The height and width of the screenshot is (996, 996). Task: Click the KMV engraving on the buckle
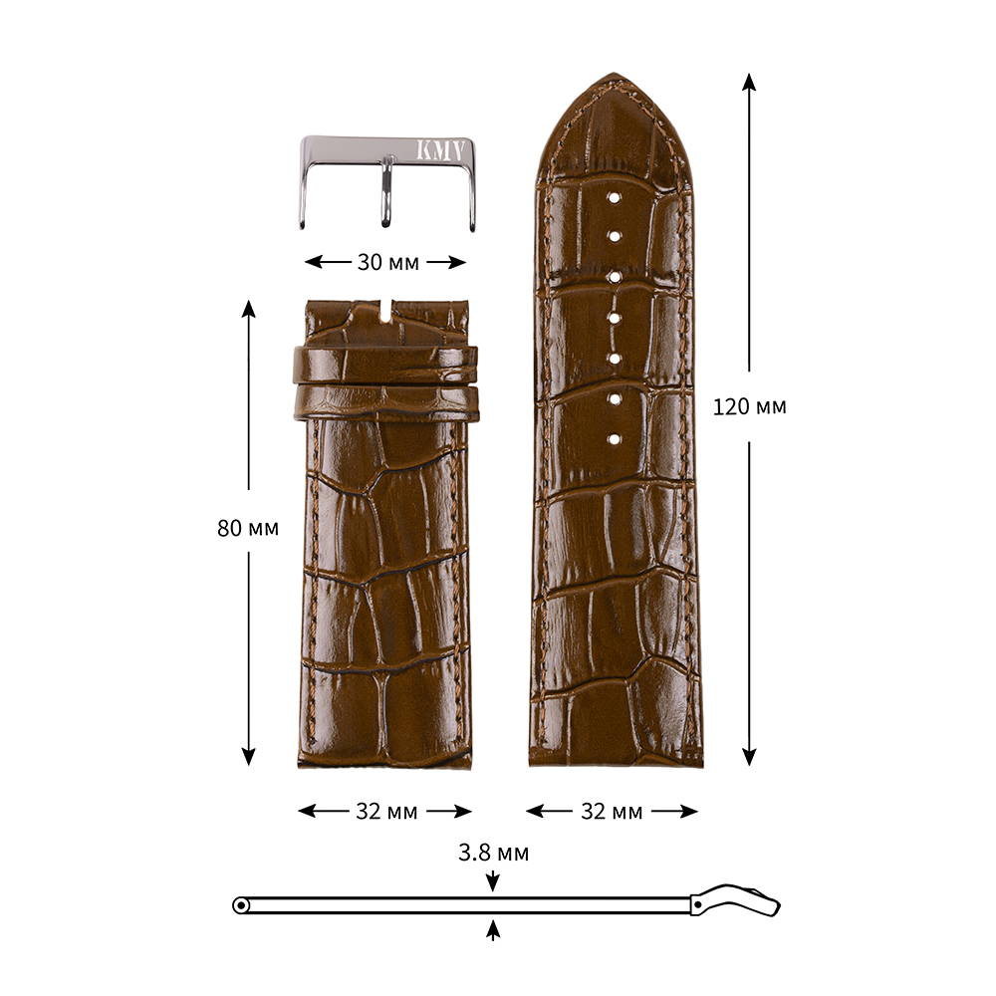440,150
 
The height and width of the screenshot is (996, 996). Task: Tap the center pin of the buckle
385,192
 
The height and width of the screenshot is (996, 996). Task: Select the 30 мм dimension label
387,262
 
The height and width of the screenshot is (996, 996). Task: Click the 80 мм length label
248,528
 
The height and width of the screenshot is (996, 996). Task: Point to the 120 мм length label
750,406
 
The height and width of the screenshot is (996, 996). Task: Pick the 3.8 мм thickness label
494,853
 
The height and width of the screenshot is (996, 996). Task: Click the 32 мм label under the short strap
386,811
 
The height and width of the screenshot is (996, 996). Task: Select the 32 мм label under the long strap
612,811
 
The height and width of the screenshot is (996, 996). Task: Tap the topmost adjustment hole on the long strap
614,197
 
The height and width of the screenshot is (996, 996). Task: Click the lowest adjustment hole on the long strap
614,439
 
